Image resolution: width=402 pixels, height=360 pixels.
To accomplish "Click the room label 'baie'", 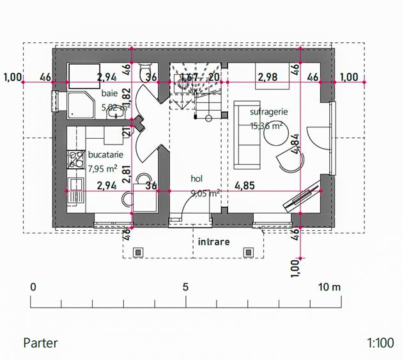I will coord(109,94).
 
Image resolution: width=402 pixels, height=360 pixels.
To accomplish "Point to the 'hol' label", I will coord(197,178).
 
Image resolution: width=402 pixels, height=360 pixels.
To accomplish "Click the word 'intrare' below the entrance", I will coord(213,242).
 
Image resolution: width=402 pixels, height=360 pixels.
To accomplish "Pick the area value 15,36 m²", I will coord(267,126).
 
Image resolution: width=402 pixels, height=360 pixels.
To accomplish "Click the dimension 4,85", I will coord(245,186).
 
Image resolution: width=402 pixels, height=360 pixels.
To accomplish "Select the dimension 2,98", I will coord(268,78).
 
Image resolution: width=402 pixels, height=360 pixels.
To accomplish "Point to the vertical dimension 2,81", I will coord(127,174).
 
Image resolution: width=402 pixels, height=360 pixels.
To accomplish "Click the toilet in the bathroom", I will coord(144,69).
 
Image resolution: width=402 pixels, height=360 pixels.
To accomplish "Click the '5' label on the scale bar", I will coord(185,287).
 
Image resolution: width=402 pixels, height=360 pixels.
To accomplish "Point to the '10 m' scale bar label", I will coord(329,287).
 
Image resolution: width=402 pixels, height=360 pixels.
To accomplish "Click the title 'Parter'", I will coord(40,343).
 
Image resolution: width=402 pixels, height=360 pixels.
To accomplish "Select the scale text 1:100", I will coord(380,343).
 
